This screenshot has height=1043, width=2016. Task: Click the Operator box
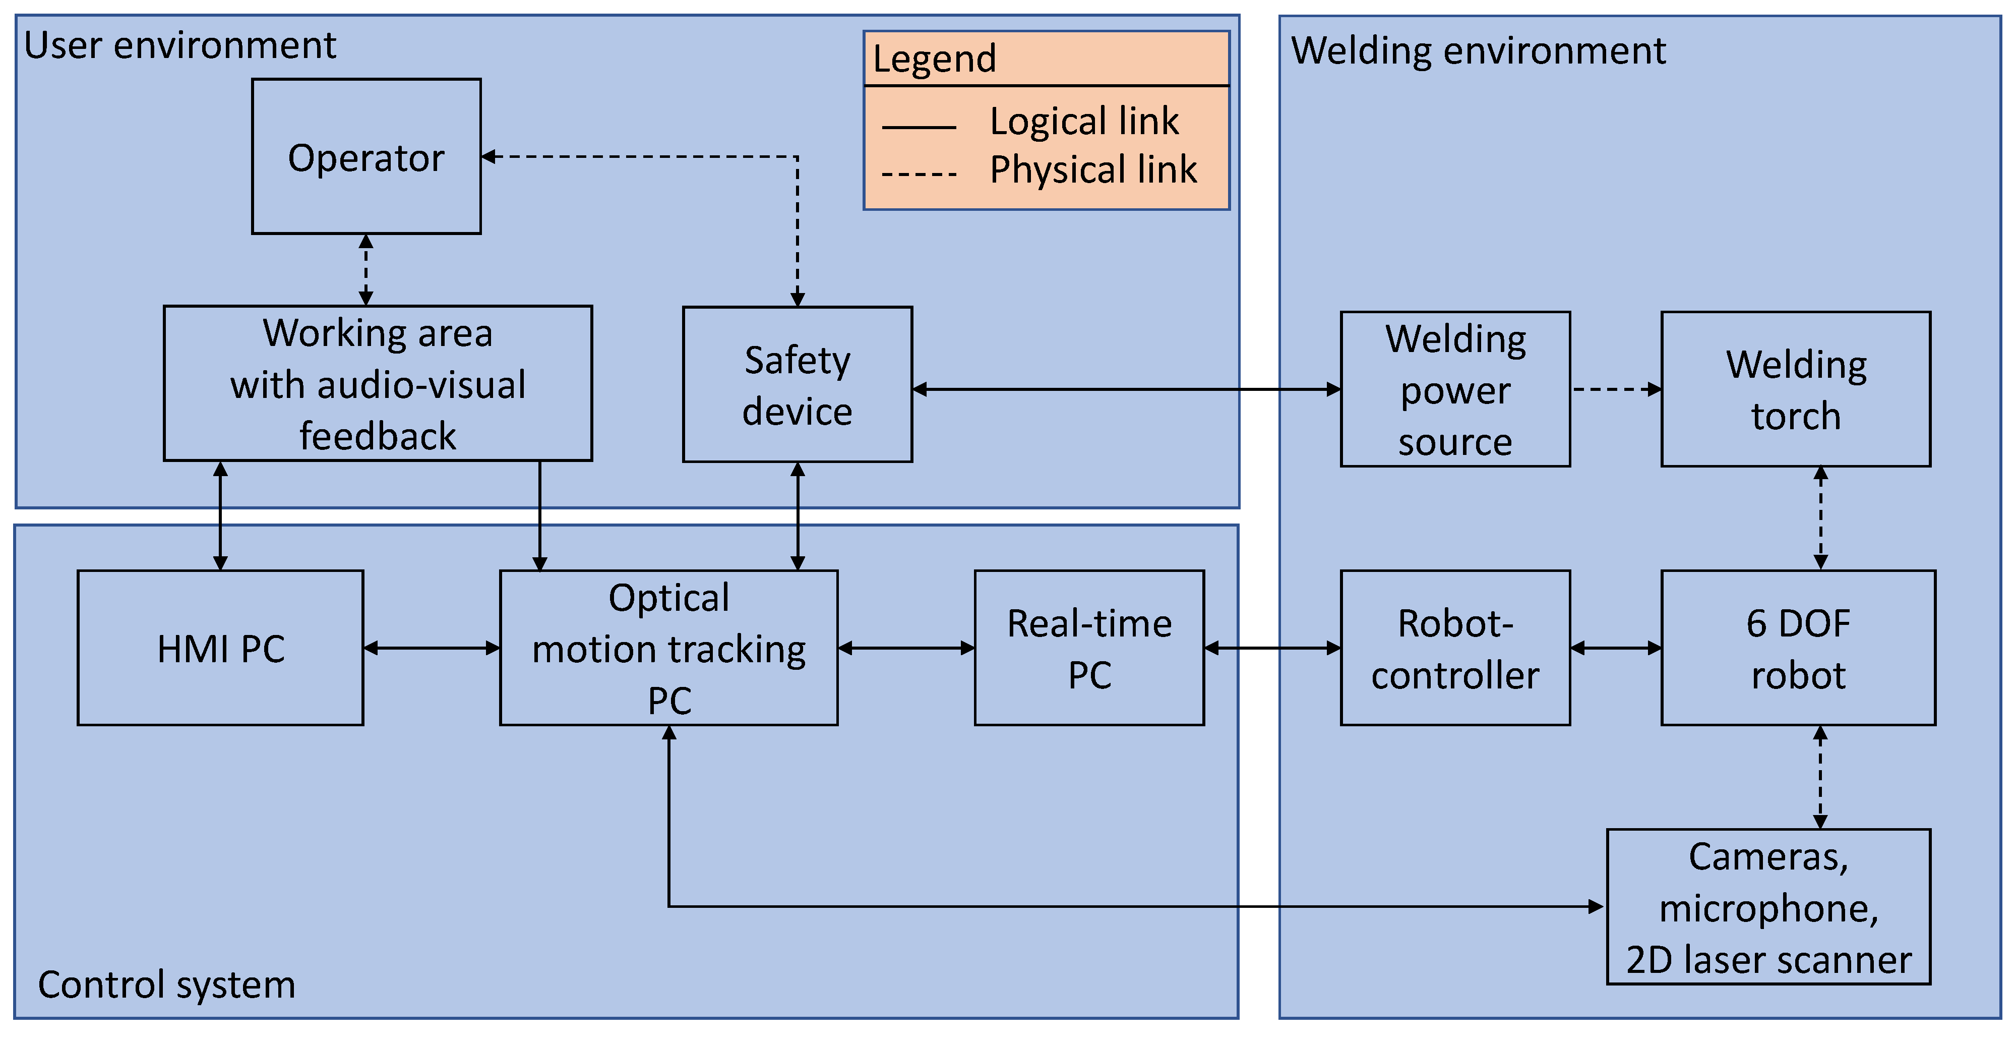coord(366,157)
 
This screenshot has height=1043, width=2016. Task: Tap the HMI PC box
coord(221,649)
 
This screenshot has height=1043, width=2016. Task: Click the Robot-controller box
coord(1455,649)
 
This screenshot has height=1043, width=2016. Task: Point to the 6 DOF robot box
coord(1798,649)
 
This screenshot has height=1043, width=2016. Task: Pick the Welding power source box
coord(1455,389)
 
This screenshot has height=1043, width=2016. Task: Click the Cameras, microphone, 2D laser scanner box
coord(1768,907)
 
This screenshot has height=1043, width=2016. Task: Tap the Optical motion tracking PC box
coord(669,649)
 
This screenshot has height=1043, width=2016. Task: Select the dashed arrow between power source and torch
coord(1615,389)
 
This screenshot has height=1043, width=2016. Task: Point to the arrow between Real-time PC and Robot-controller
coord(1272,649)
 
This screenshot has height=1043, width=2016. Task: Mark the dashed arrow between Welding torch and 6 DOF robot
coord(1820,518)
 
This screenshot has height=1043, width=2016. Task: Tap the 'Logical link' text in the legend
coord(1084,122)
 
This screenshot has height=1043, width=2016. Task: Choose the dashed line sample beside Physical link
coord(919,174)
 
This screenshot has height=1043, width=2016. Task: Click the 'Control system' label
coord(167,984)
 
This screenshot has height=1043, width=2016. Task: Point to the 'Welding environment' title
coord(1478,51)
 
